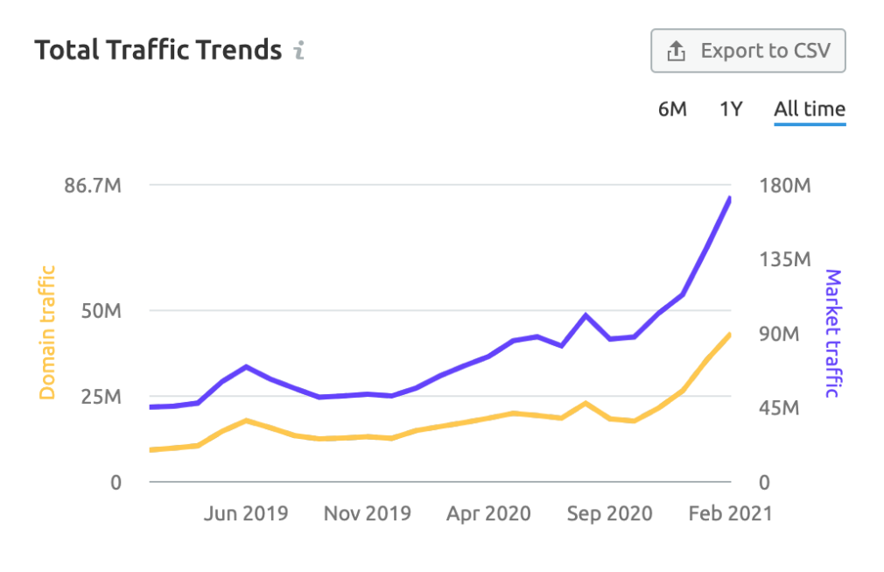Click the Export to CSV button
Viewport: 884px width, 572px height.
[748, 52]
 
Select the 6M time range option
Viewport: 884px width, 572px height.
[672, 109]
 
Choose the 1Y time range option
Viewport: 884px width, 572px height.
[731, 109]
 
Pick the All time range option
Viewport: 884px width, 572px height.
[810, 109]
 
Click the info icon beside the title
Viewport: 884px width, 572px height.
[299, 51]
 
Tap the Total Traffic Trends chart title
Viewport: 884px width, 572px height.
[158, 50]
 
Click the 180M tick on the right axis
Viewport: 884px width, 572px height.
[783, 186]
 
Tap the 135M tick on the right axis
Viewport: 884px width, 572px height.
[783, 260]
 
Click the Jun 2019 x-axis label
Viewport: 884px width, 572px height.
[246, 513]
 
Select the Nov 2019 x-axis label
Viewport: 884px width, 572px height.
[368, 513]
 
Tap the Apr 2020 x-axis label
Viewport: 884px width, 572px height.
[488, 513]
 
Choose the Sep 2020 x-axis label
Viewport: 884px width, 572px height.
[609, 513]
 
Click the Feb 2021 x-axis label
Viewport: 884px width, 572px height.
[730, 513]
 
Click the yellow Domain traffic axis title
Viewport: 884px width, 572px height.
[47, 332]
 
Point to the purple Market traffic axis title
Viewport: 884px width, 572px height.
[832, 333]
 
